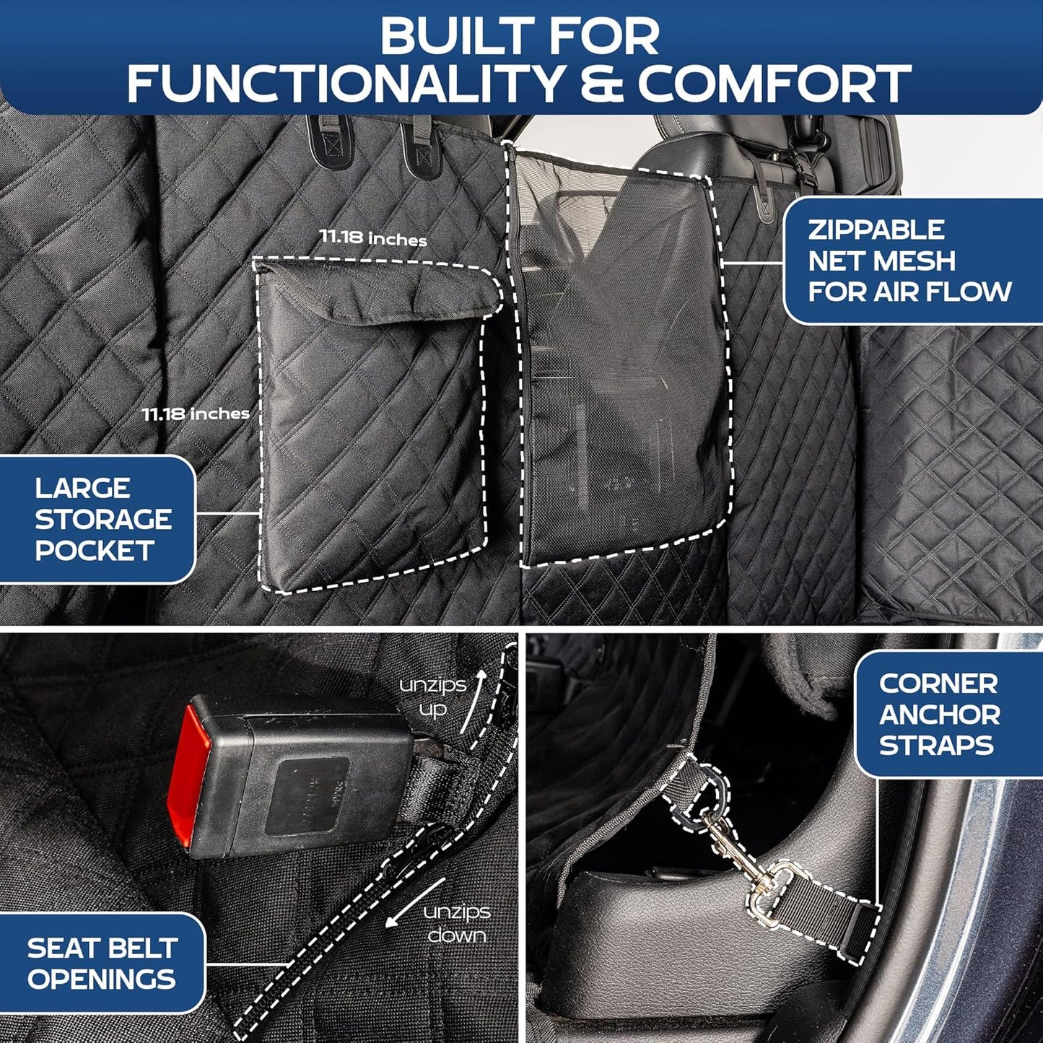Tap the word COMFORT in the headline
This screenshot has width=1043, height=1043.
point(774,84)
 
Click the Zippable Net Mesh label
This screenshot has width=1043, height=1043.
point(909,261)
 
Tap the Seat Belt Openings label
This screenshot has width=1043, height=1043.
point(102,963)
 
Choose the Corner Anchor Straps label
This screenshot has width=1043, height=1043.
point(939,714)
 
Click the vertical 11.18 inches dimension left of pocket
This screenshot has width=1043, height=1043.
point(196,414)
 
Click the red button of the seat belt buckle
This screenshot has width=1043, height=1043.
point(182,775)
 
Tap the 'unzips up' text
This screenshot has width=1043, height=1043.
point(433,697)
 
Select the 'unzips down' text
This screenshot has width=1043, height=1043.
point(456,923)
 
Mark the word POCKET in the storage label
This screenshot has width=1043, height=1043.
point(94,551)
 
